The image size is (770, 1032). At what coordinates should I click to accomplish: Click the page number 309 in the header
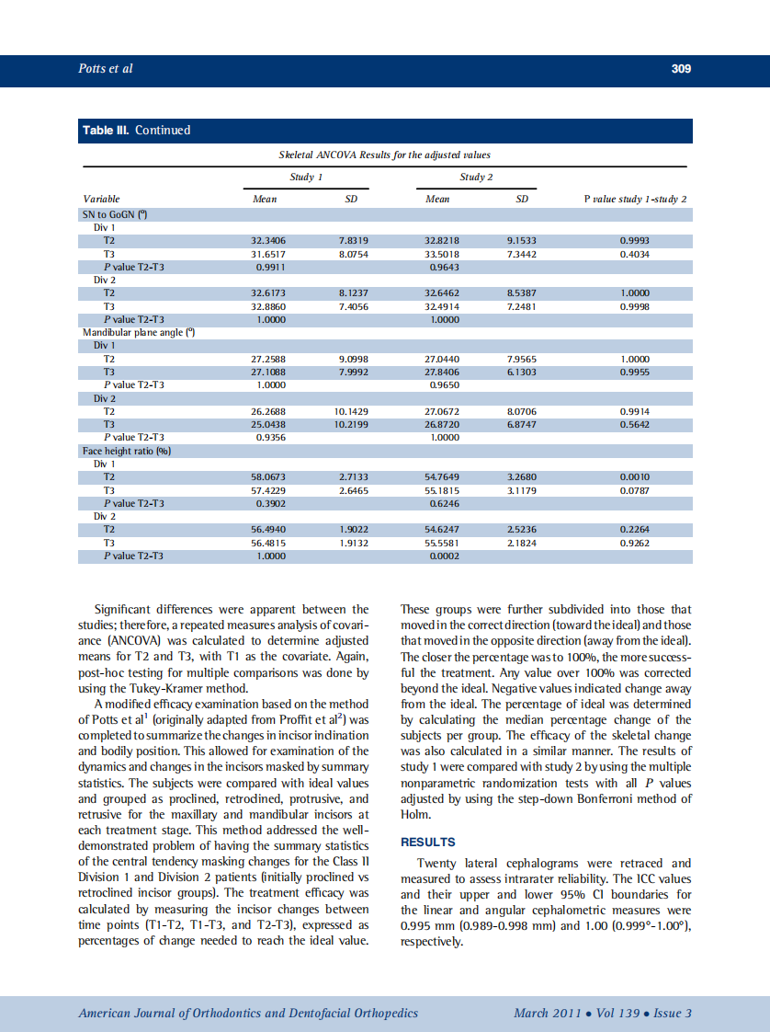point(680,69)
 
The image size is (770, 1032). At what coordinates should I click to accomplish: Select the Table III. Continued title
point(137,131)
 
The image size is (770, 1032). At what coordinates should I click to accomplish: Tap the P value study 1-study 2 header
point(636,199)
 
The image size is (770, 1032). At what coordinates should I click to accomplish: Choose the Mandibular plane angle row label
point(134,332)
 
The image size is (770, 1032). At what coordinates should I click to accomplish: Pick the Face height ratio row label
point(127,451)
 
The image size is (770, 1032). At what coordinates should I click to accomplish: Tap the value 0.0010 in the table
point(636,477)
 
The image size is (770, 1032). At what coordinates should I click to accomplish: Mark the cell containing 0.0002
point(445,556)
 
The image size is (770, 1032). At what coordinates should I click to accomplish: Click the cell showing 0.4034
point(636,253)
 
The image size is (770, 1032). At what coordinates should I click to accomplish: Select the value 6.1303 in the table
point(522,372)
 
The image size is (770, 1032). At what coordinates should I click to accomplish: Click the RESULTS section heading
point(428,842)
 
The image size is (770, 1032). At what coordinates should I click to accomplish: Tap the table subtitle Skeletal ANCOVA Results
point(386,155)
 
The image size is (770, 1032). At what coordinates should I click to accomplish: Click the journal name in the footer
point(248,1013)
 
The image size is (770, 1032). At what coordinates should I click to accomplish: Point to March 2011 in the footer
point(547,1013)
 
